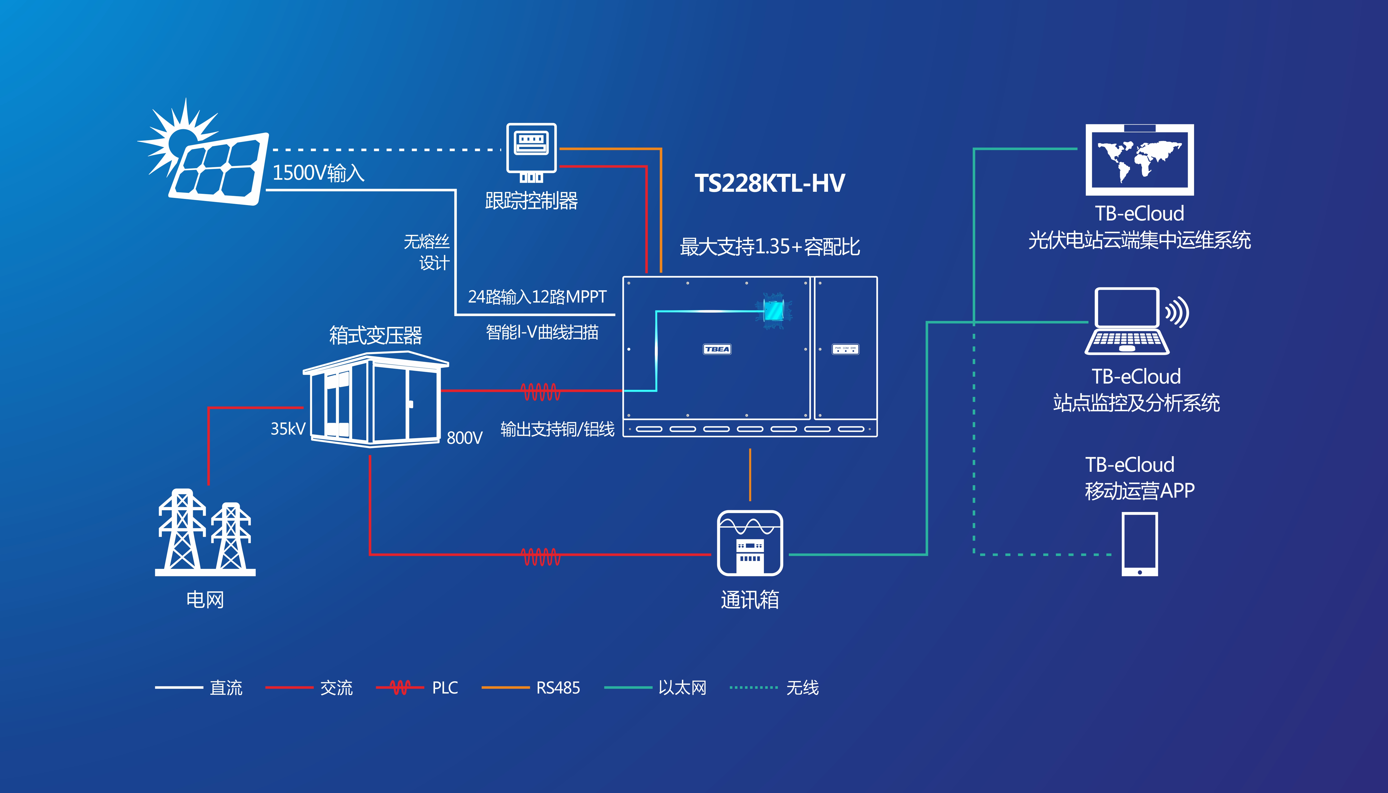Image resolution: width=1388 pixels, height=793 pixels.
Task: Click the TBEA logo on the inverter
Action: (x=717, y=349)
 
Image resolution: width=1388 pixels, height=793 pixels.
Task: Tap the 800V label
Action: (x=464, y=437)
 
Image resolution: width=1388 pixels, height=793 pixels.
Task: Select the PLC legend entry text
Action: (x=445, y=688)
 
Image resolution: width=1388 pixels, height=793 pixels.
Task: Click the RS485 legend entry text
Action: (x=558, y=688)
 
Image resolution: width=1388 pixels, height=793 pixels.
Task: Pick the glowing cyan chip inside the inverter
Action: (x=773, y=311)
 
